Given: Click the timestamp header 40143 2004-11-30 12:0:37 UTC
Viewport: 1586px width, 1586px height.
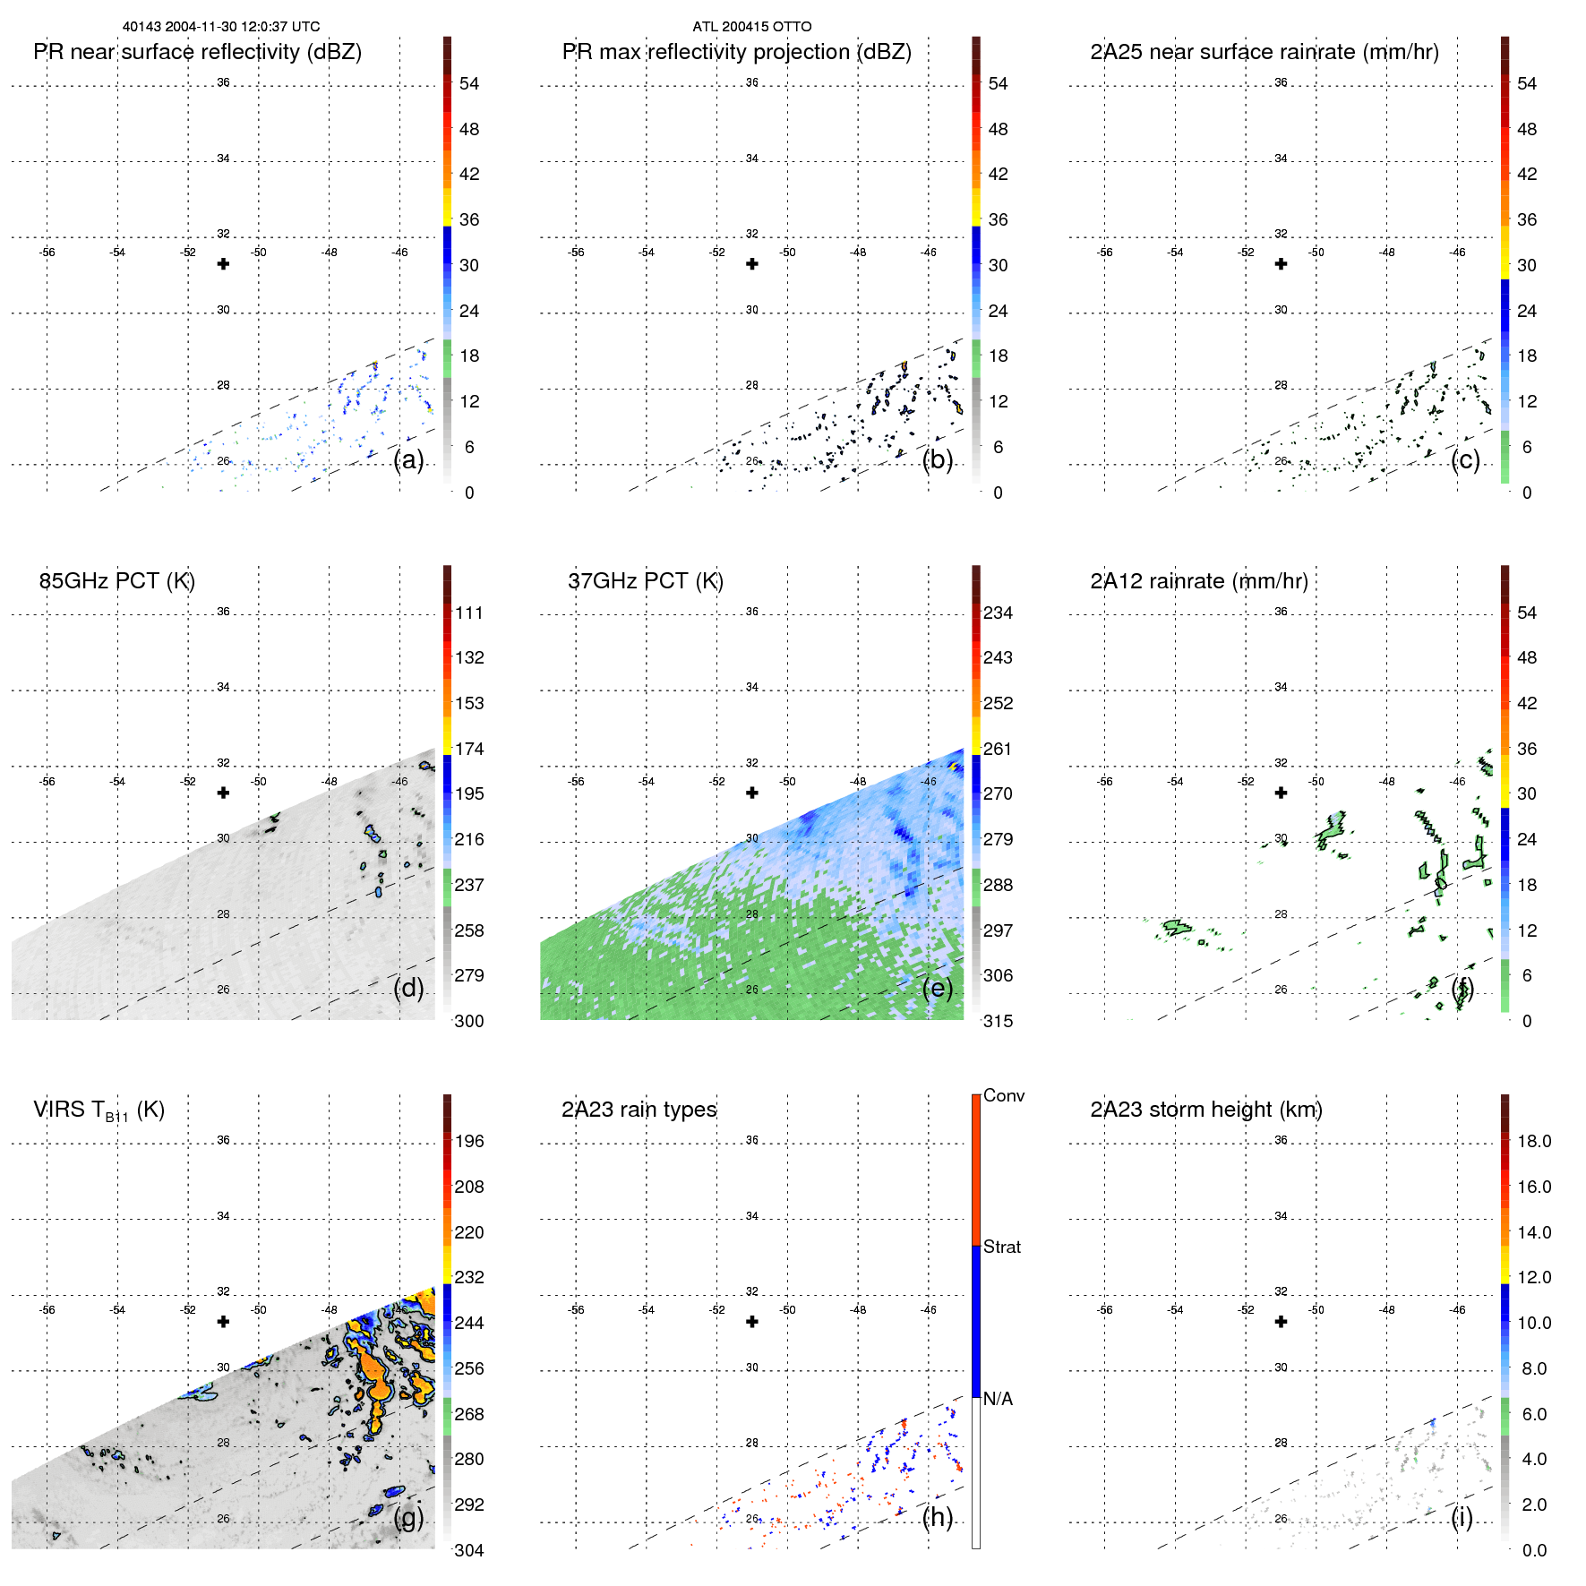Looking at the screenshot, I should pyautogui.click(x=221, y=27).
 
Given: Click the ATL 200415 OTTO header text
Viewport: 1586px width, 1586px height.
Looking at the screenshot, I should pyautogui.click(x=751, y=27).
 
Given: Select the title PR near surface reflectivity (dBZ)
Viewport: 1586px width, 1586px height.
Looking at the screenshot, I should pyautogui.click(x=197, y=52).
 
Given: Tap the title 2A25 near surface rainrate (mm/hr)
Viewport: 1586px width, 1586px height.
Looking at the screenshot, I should pyautogui.click(x=1264, y=52).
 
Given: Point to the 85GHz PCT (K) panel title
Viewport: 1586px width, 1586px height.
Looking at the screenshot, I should pyautogui.click(x=116, y=581).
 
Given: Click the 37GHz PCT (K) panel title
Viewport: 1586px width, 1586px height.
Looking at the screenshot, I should pyautogui.click(x=645, y=581).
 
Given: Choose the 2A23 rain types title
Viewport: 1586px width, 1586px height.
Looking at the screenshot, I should pyautogui.click(x=639, y=1110).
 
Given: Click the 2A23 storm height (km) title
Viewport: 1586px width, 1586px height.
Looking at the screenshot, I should pyautogui.click(x=1205, y=1110).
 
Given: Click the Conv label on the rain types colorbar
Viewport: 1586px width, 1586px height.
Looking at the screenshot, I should pyautogui.click(x=1003, y=1096).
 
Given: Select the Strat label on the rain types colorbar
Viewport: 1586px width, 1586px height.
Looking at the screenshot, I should pyautogui.click(x=1001, y=1247).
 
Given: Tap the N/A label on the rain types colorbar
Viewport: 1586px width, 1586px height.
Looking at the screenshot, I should pyautogui.click(x=998, y=1399).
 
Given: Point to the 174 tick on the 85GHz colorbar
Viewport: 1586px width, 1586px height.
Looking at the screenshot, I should pyautogui.click(x=469, y=749).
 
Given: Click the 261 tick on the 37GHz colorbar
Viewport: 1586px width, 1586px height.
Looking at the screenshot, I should pyautogui.click(x=998, y=749).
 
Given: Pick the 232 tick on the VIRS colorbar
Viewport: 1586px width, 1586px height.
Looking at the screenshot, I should pyautogui.click(x=469, y=1277).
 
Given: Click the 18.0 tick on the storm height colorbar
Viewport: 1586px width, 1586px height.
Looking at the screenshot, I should pyautogui.click(x=1533, y=1141).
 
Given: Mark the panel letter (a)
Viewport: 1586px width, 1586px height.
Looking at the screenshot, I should pyautogui.click(x=408, y=460).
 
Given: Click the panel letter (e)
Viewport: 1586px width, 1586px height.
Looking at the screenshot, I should pyautogui.click(x=937, y=989).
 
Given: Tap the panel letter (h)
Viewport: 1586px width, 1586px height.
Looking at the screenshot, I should pyautogui.click(x=937, y=1517).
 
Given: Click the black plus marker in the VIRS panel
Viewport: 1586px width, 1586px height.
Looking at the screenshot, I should pyautogui.click(x=223, y=1322).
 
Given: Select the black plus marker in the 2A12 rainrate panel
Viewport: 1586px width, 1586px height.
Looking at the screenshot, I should pyautogui.click(x=1281, y=793).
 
